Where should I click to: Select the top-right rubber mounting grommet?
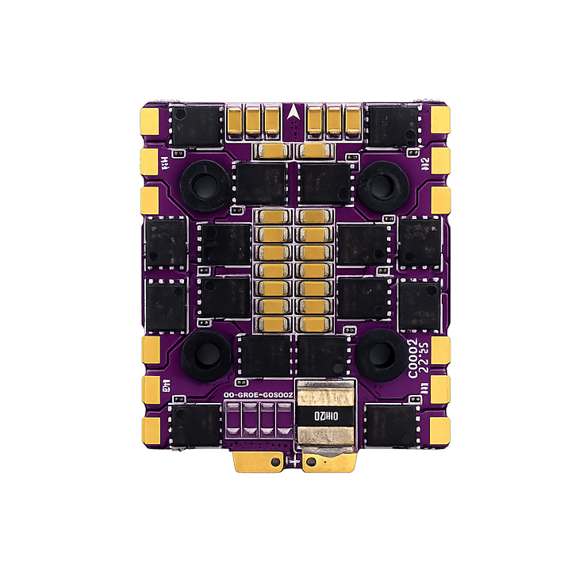tap(382, 185)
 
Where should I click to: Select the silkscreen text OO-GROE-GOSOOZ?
tap(259, 394)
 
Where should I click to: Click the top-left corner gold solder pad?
tap(148, 121)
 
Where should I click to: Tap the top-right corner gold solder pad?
tap(439, 121)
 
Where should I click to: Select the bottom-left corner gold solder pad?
tap(148, 429)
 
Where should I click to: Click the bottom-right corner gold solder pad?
tap(439, 429)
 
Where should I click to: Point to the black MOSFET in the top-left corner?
tap(196, 125)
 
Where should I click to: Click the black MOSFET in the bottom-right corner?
tap(392, 425)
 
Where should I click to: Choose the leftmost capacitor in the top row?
tap(236, 120)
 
